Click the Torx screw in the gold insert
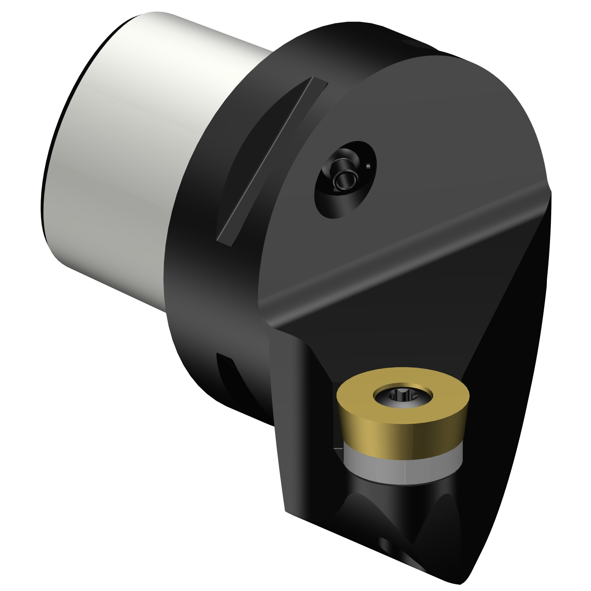click(402, 394)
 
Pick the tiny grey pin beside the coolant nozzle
click(368, 166)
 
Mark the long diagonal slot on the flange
click(272, 162)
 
